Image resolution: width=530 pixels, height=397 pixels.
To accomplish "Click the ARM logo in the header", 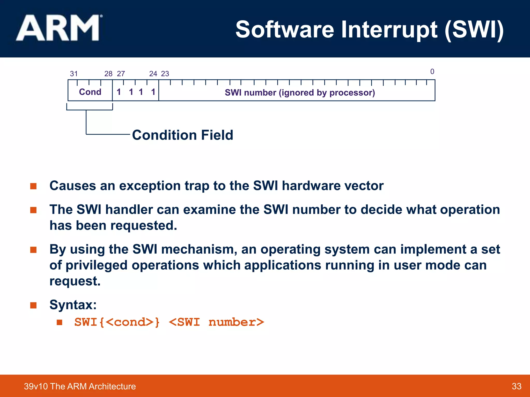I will point(59,28).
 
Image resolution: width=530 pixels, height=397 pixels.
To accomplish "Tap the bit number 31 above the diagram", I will point(74,74).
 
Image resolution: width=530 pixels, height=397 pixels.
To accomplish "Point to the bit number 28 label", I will point(108,74).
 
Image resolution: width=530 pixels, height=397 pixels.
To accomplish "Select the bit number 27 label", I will point(121,74).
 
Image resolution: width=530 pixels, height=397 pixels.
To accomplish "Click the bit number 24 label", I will point(153,74).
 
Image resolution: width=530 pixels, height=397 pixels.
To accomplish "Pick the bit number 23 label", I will point(165,74).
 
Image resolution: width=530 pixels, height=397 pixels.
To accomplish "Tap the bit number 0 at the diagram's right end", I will point(432,72).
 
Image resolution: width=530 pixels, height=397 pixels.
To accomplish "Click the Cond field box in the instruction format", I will point(90,92).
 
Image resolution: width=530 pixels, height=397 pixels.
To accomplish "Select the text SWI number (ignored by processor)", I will point(300,93).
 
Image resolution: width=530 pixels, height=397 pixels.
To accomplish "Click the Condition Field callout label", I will point(182,135).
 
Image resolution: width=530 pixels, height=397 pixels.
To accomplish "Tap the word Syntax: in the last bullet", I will point(73,305).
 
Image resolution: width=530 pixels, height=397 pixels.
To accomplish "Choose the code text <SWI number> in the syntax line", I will point(216,322).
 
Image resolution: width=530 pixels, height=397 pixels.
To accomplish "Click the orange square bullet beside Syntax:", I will point(33,305).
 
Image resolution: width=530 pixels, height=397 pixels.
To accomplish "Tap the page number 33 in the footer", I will point(516,386).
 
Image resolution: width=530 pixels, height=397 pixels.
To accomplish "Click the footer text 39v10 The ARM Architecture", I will point(80,386).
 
